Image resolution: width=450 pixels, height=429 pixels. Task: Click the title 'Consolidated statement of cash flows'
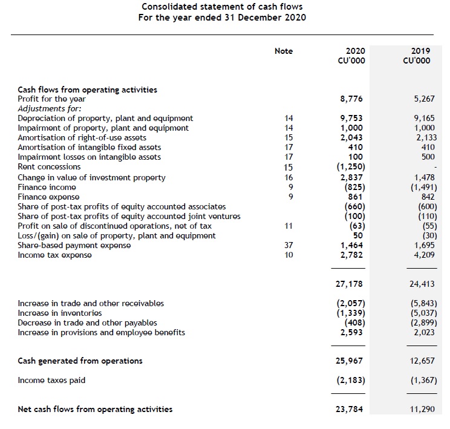(222, 7)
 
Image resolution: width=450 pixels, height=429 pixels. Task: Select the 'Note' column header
(283, 51)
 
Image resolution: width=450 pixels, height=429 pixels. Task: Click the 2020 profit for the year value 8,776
(352, 99)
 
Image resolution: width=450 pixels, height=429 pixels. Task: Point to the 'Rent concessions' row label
(49, 167)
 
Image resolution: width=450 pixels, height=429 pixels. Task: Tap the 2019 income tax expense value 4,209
(423, 255)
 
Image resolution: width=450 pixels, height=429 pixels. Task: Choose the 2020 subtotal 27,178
(350, 284)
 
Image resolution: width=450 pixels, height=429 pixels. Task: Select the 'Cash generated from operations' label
(80, 361)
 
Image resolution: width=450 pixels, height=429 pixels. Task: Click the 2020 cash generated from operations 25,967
(350, 361)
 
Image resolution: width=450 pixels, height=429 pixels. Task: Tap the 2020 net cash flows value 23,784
(350, 409)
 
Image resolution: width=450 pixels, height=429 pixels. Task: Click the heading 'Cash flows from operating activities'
(87, 90)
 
